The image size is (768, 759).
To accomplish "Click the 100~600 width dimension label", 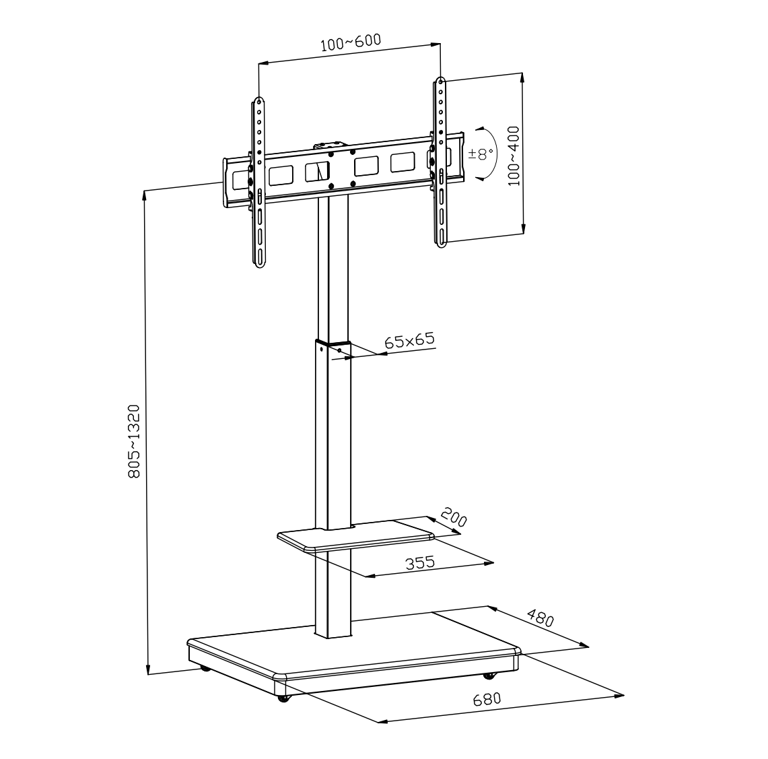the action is click(351, 42).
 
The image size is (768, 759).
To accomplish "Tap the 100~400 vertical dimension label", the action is click(514, 156).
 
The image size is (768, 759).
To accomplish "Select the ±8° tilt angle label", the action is click(481, 154).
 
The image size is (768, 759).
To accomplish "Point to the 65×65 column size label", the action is click(409, 340).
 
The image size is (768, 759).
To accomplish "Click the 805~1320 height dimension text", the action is click(134, 441).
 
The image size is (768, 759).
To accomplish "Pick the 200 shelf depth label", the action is click(454, 517).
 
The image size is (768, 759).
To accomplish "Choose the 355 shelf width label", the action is click(420, 562).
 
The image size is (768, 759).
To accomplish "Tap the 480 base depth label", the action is click(540, 618).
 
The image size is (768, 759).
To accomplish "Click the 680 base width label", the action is click(487, 699).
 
